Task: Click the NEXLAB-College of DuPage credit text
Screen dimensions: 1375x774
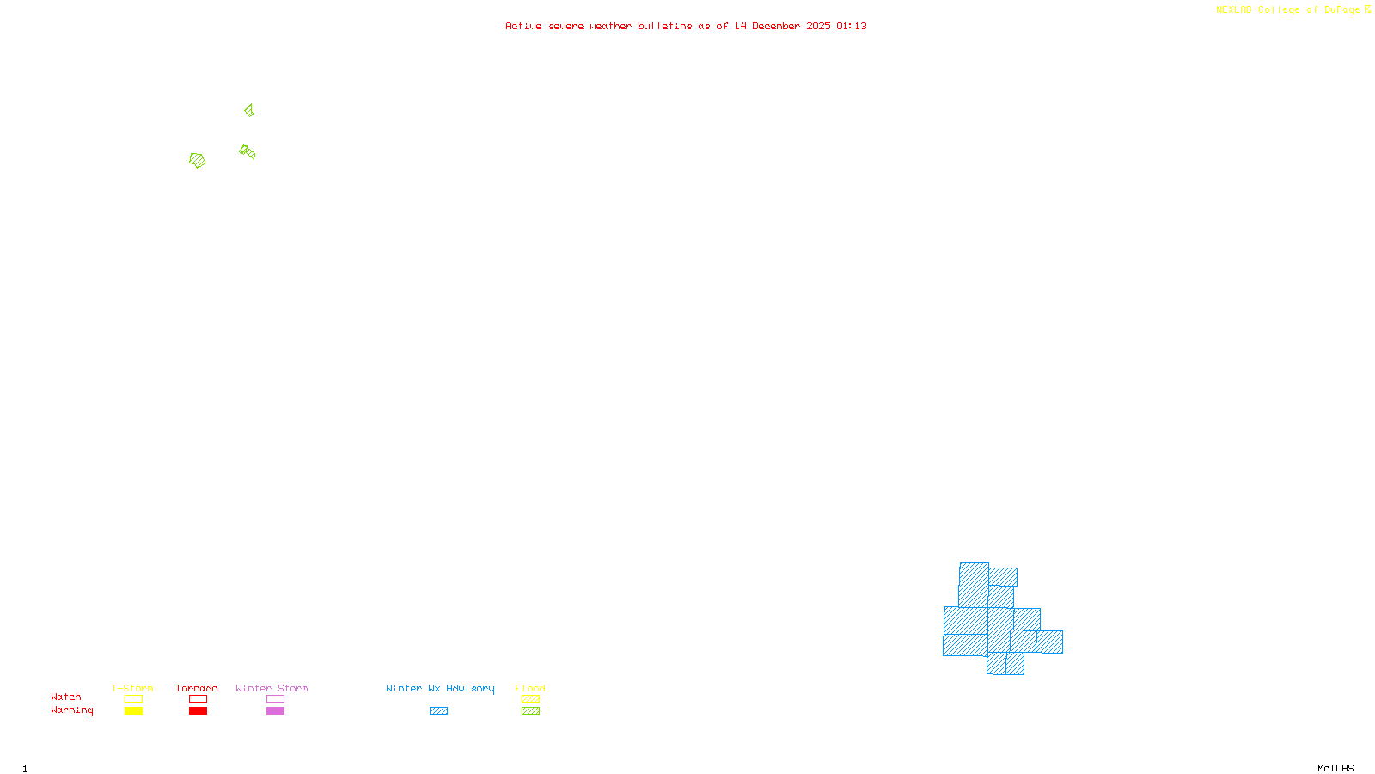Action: [1288, 10]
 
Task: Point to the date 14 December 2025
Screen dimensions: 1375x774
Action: [782, 26]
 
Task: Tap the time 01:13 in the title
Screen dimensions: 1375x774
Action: [852, 26]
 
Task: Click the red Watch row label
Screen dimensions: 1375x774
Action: [66, 697]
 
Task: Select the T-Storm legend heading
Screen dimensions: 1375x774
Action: [132, 688]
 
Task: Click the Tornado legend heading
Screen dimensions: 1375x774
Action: [197, 688]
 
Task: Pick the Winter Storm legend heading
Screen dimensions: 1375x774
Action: [272, 688]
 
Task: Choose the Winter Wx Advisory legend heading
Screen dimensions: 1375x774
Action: [440, 688]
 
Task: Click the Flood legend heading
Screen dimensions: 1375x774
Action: [530, 688]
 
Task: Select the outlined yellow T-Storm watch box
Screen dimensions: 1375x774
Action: [133, 699]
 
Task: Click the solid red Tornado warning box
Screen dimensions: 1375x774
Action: [198, 711]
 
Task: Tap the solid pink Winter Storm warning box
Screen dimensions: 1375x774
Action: [275, 711]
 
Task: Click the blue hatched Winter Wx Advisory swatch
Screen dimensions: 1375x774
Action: [438, 711]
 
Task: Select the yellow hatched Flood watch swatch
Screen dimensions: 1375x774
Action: [530, 699]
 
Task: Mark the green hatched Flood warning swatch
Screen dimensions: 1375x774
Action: [530, 711]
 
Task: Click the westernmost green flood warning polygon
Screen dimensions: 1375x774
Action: [198, 160]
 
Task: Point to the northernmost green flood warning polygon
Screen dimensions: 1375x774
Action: [249, 110]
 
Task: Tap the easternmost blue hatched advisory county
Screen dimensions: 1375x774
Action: [1050, 642]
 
